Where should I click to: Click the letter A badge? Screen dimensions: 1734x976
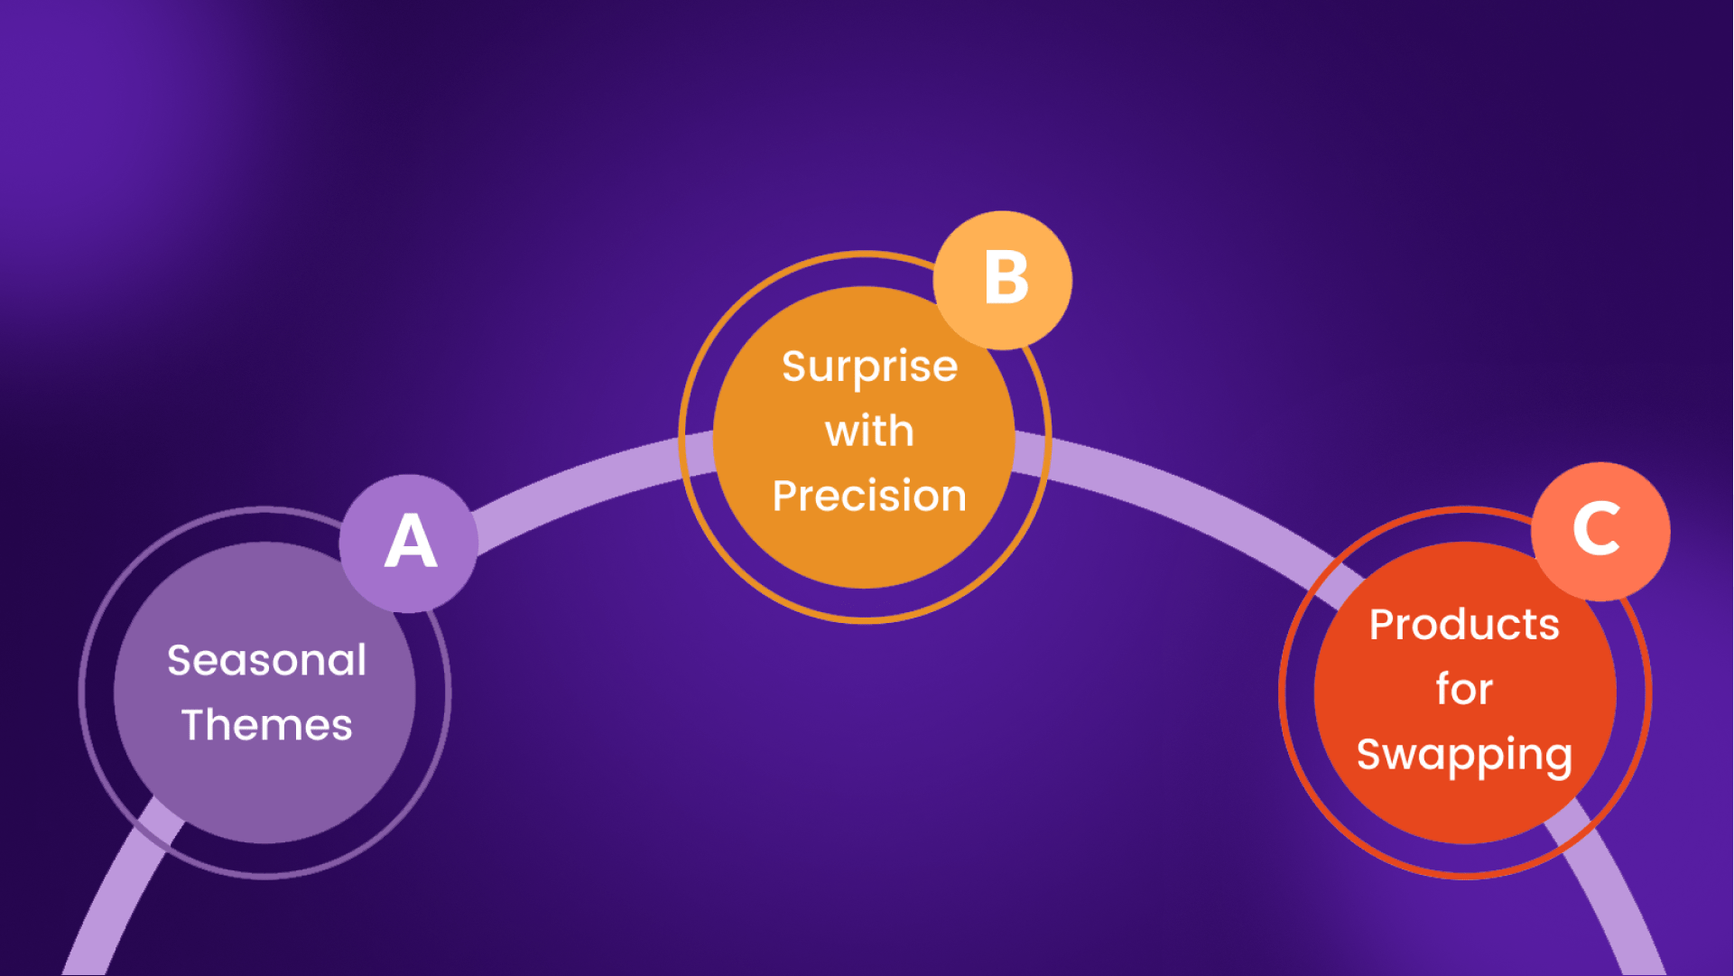click(x=409, y=544)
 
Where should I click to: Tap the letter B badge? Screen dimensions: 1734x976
click(x=1003, y=280)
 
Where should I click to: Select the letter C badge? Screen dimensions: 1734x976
click(x=1601, y=532)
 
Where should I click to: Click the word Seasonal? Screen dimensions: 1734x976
click(x=267, y=660)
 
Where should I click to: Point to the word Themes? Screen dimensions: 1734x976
click(x=267, y=725)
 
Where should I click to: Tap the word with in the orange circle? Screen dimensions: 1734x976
click(x=869, y=431)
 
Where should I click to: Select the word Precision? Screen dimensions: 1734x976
click(x=869, y=496)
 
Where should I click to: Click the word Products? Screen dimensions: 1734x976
click(x=1464, y=624)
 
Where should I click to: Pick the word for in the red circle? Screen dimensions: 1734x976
click(x=1464, y=689)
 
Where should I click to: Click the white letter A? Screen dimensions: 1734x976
click(x=411, y=542)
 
